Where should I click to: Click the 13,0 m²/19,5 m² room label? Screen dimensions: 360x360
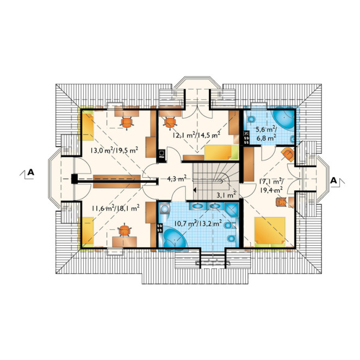114,151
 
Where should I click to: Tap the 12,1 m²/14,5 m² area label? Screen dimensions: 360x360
196,135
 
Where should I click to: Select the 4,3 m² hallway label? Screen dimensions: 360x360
176,178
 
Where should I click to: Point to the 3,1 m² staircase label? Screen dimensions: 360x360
226,195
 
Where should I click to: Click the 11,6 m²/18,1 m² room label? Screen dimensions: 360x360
115,208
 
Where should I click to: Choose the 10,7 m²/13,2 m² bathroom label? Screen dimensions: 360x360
198,223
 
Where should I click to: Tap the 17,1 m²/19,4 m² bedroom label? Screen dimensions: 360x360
271,185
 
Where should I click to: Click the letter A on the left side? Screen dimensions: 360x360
31,172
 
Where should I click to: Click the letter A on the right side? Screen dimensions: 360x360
333,181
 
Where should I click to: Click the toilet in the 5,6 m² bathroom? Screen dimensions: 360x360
251,119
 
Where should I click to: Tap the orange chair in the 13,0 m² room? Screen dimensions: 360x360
127,122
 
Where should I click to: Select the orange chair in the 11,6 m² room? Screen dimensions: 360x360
124,230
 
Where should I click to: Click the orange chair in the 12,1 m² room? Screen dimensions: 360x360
170,122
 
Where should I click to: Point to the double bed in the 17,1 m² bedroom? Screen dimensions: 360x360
270,232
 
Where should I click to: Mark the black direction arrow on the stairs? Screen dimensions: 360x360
195,190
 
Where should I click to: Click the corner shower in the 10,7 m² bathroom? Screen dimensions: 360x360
232,209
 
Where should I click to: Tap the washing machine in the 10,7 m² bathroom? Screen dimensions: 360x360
164,208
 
